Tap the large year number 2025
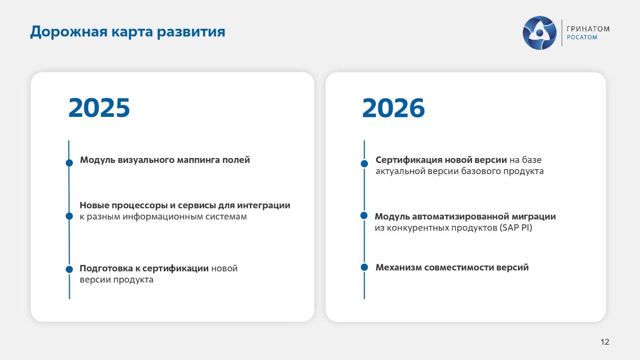click(99, 108)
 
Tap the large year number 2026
click(393, 108)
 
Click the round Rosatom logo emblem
click(539, 33)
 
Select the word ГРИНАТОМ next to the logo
click(588, 29)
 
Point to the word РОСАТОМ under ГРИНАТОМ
click(582, 38)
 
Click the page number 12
click(605, 342)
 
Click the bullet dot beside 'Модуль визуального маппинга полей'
click(69, 163)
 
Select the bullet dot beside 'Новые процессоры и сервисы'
click(69, 216)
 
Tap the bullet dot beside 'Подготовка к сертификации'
click(69, 269)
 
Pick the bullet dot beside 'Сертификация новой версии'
click(364, 164)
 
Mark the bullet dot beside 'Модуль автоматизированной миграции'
click(364, 215)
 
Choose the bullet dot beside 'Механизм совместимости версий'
click(364, 267)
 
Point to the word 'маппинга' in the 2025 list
click(199, 160)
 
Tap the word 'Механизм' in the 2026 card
click(398, 267)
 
